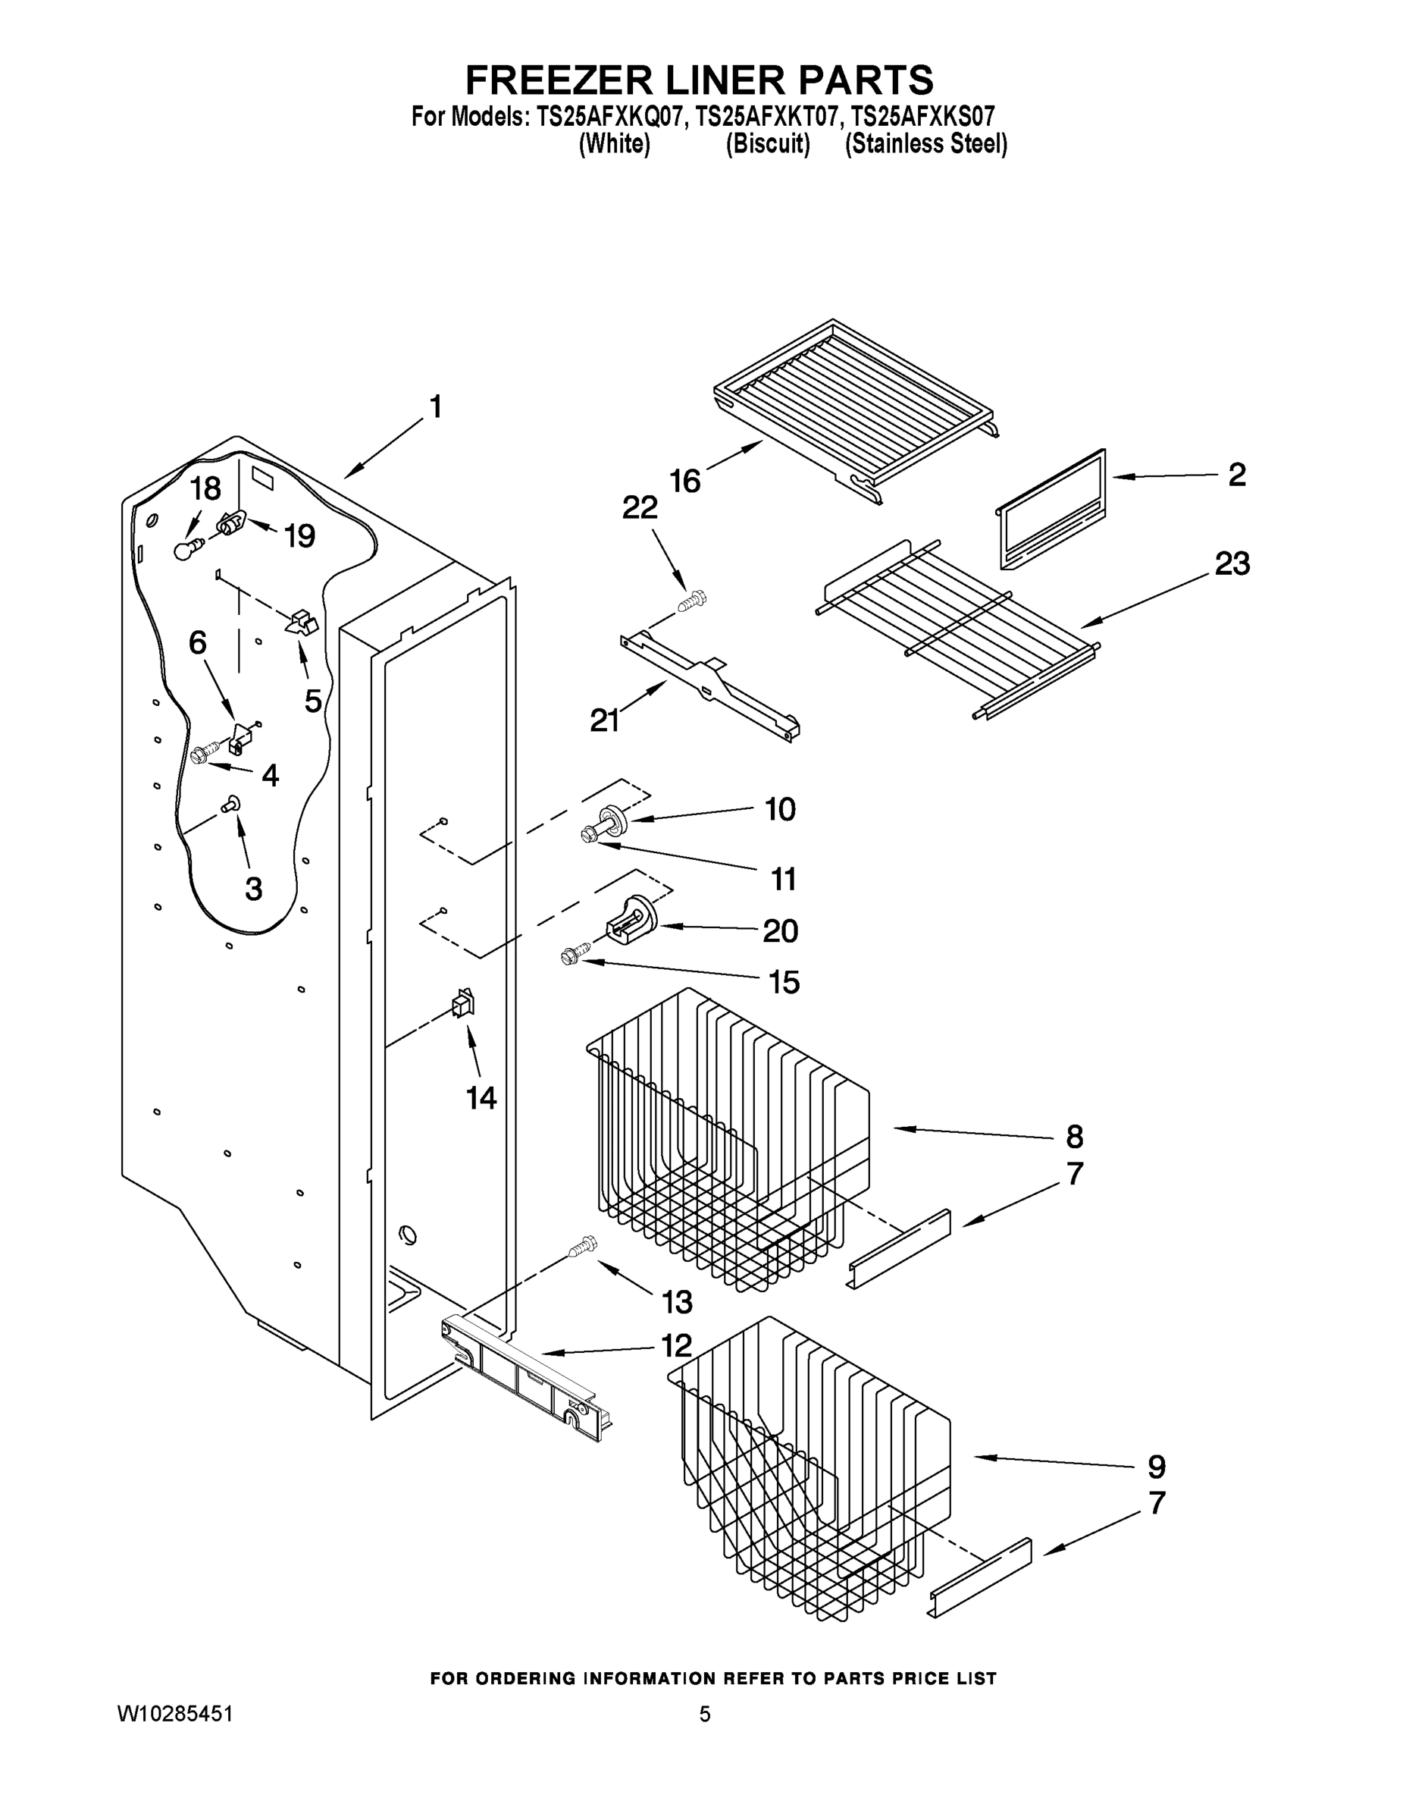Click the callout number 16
point(684,481)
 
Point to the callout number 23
point(1232,564)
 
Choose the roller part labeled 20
point(630,921)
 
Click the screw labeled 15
point(575,955)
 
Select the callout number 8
point(1075,1137)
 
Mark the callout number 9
point(1156,1467)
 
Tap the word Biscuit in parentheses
point(767,144)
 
